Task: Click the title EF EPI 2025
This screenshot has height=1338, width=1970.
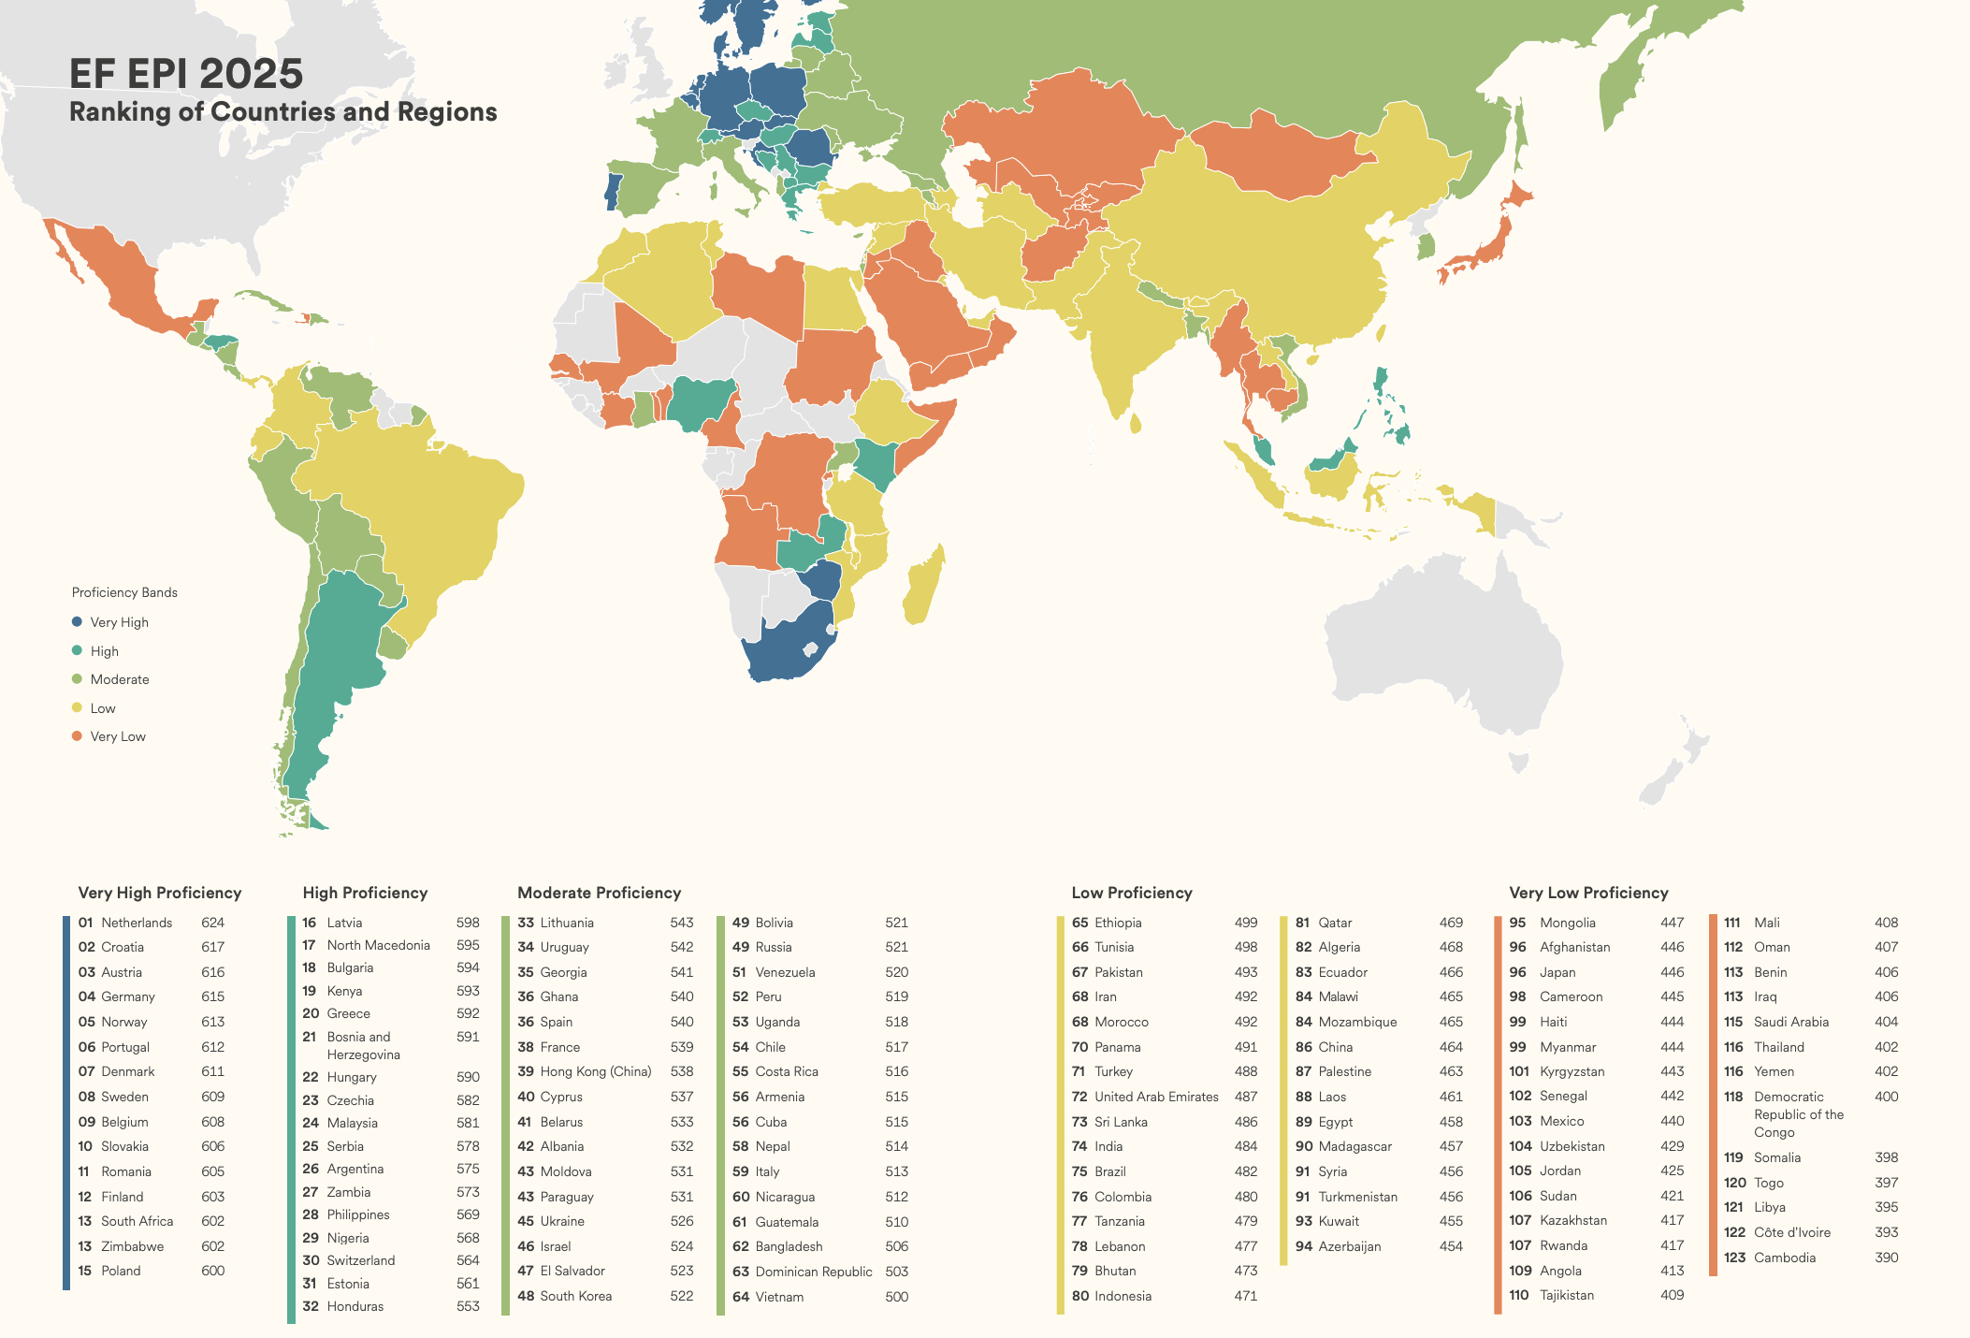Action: point(186,74)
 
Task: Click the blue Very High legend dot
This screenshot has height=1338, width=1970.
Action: point(77,622)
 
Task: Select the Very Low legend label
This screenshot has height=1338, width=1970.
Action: point(118,736)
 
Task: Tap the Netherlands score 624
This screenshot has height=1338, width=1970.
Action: point(212,923)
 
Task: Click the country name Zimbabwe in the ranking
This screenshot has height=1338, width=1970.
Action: point(132,1246)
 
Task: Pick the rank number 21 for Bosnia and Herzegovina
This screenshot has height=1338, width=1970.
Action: point(310,1037)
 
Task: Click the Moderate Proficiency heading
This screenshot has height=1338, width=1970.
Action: point(599,893)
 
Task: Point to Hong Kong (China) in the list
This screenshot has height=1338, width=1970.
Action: point(595,1071)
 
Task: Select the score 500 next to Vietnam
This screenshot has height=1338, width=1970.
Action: point(896,1297)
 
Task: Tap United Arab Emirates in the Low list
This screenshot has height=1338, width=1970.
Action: point(1156,1097)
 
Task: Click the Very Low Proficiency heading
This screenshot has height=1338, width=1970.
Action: point(1588,893)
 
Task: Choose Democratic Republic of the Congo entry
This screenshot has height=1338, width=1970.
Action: point(1798,1113)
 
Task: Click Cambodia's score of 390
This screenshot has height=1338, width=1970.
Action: point(1886,1258)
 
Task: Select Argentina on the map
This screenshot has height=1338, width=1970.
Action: point(337,655)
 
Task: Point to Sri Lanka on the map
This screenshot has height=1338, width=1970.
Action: point(1136,424)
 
